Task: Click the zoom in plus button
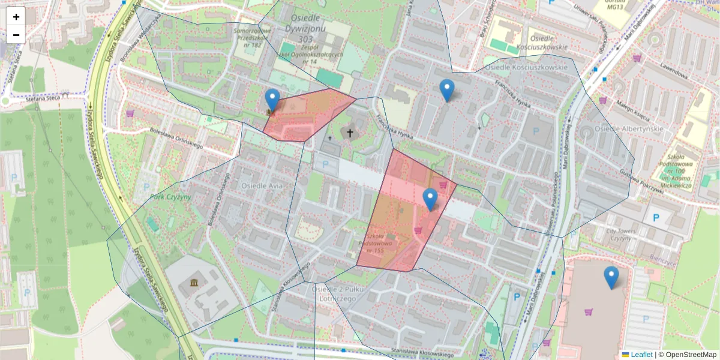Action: coord(16,17)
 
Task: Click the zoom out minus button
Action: coord(16,34)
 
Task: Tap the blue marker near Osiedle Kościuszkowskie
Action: coord(446,91)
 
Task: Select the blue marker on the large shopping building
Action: coord(611,278)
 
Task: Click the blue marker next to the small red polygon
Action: coord(272,101)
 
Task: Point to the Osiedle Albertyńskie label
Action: coord(628,129)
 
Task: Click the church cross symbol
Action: coord(350,132)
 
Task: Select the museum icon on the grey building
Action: coord(194,283)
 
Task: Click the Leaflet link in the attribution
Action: coord(641,355)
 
